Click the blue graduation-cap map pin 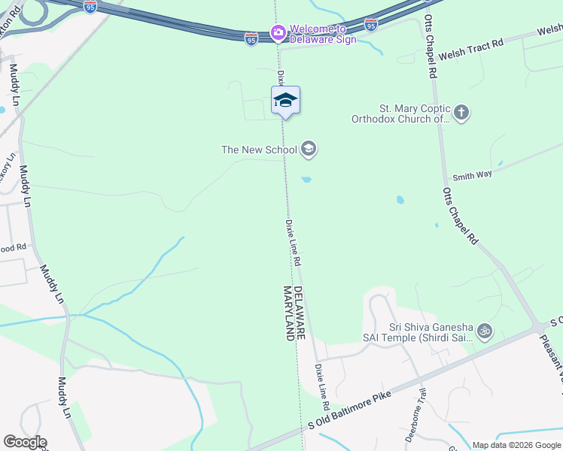click(286, 101)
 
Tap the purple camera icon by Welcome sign click(278, 32)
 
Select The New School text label click(259, 150)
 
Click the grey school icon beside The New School click(308, 150)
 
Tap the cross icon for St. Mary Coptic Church click(461, 113)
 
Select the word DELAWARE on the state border click(299, 313)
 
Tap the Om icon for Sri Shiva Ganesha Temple click(485, 329)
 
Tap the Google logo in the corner click(24, 442)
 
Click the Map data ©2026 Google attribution click(516, 445)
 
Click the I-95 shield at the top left click(90, 6)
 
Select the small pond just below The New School click(306, 179)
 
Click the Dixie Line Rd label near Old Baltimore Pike click(323, 381)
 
